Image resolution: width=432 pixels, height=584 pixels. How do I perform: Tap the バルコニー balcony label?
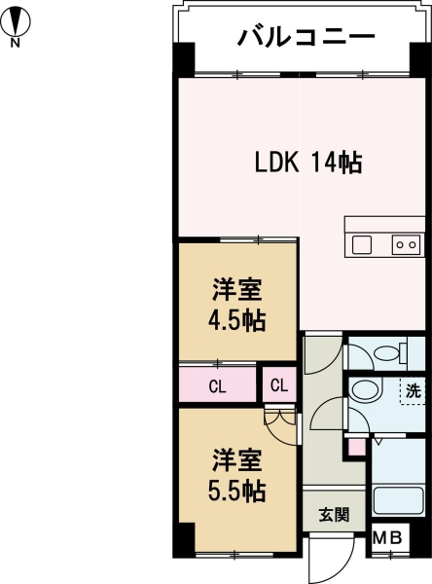point(306,39)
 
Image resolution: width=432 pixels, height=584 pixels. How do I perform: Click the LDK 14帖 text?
point(308,164)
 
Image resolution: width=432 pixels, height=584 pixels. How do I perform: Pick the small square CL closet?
point(278,384)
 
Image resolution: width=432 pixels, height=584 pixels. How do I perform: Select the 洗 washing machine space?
point(414,391)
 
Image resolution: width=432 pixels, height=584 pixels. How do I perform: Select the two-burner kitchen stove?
point(406,244)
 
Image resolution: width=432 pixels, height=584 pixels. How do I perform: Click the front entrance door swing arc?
point(326,559)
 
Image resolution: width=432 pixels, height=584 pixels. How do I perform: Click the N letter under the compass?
point(15,42)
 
